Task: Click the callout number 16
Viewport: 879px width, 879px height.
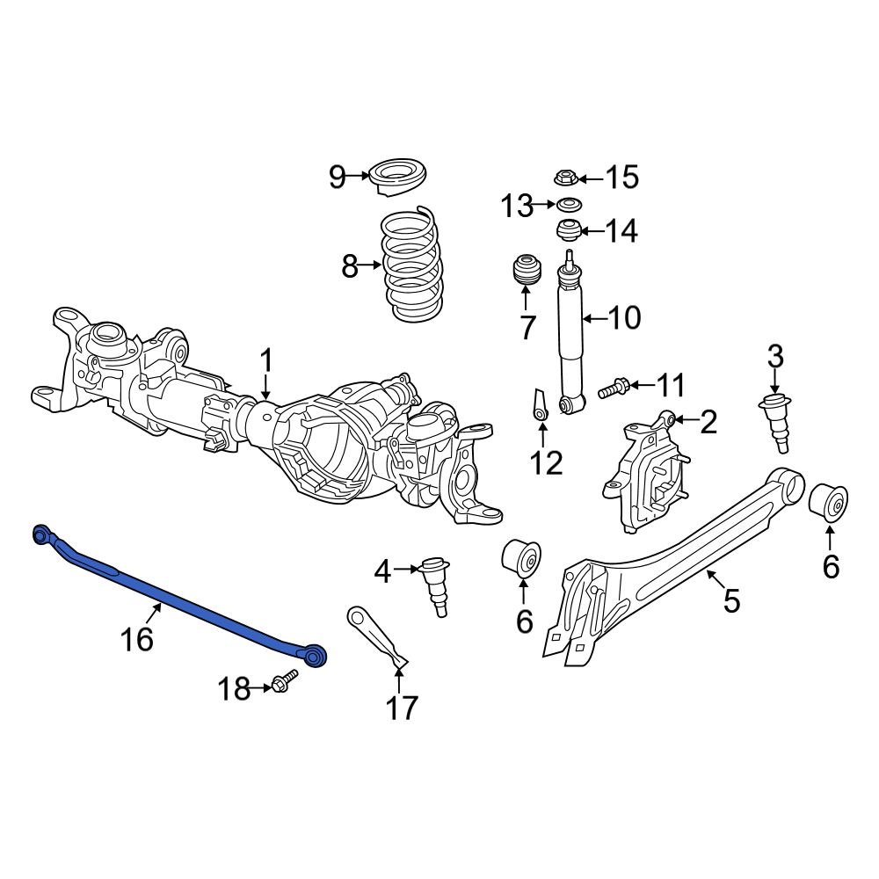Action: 138,638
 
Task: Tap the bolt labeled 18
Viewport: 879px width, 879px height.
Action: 284,682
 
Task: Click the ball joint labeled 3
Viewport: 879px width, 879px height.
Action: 774,420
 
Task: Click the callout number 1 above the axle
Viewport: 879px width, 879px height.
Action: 265,361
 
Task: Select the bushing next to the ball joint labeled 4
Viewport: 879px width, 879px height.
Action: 522,558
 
